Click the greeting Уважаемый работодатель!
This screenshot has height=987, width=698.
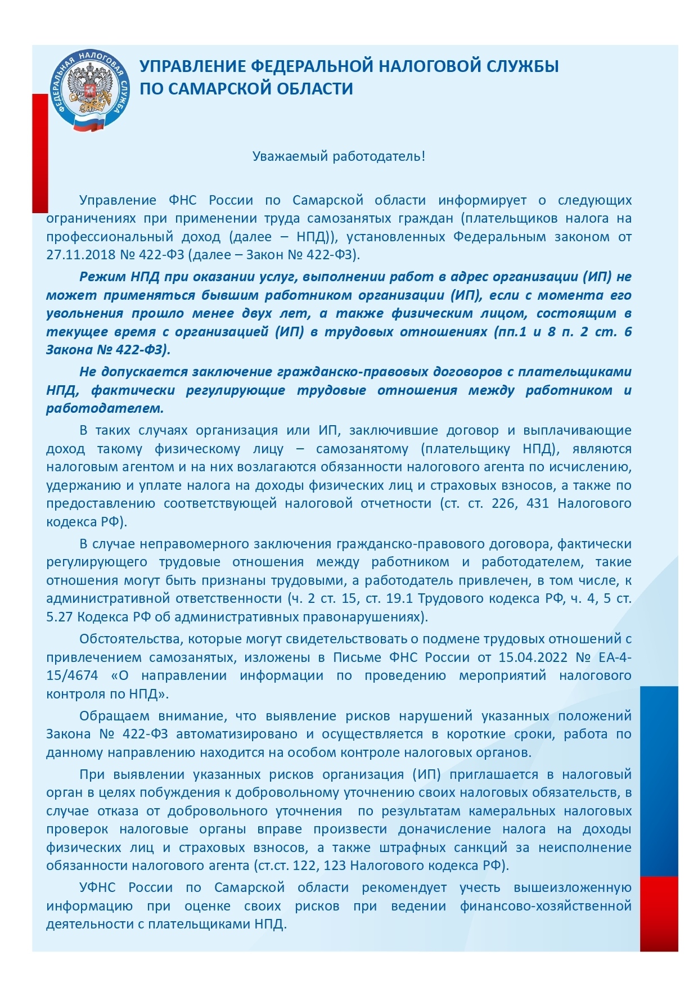pos(339,156)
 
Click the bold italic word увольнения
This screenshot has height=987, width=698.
pos(84,313)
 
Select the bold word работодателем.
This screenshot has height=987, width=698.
pos(105,408)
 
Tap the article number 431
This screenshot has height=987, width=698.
pos(537,503)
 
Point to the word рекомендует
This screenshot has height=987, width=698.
pos(404,888)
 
